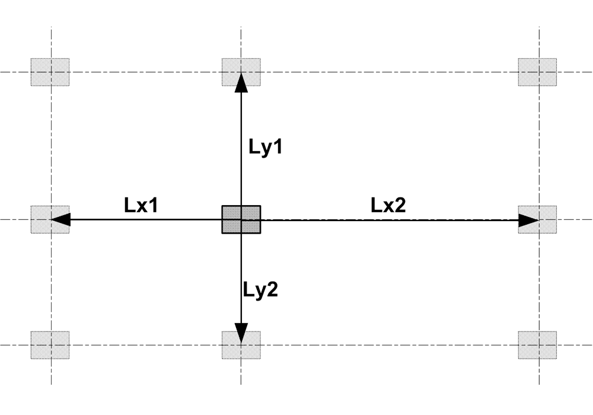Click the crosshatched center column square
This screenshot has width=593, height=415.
pos(241,220)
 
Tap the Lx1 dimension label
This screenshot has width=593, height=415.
pos(143,208)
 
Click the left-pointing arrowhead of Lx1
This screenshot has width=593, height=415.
pos(62,220)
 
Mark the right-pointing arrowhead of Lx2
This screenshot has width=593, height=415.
pos(527,220)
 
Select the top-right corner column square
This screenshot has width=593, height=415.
pos(538,72)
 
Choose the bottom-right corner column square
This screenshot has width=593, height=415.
pos(538,344)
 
